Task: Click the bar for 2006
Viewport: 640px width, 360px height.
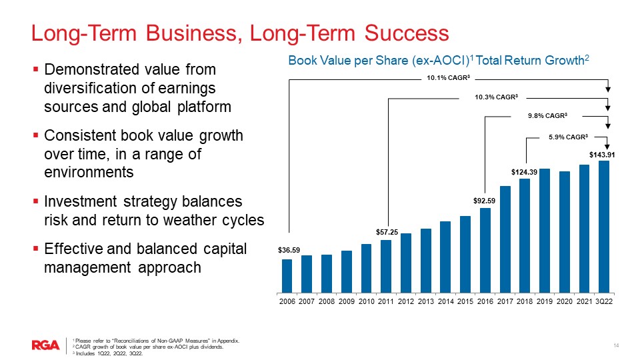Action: [x=287, y=276]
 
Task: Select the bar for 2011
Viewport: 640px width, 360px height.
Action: [x=386, y=266]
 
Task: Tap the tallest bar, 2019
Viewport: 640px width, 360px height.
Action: [x=545, y=231]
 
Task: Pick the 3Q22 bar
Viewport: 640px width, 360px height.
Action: [x=604, y=227]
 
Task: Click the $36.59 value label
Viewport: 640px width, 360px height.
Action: [x=289, y=250]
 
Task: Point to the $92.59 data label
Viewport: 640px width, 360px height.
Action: [x=484, y=201]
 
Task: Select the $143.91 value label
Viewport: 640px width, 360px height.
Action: [x=602, y=155]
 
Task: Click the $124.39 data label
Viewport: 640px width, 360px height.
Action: [x=524, y=172]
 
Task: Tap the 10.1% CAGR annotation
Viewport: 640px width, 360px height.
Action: [x=449, y=77]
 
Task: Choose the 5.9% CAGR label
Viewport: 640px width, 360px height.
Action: [x=568, y=137]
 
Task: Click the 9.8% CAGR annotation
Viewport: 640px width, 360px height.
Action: [x=547, y=116]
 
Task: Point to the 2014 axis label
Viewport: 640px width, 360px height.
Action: [x=446, y=301]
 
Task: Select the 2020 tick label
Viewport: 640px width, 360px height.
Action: [x=565, y=301]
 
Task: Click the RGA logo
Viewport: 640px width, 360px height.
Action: [x=46, y=345]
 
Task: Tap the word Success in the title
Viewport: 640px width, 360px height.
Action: [x=407, y=33]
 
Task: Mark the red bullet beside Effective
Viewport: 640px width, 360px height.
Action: [x=36, y=248]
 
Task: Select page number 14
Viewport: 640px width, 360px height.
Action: [x=616, y=346]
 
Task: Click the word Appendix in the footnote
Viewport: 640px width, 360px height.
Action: [x=229, y=341]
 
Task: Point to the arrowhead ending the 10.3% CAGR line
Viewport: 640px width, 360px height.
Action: [x=608, y=108]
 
